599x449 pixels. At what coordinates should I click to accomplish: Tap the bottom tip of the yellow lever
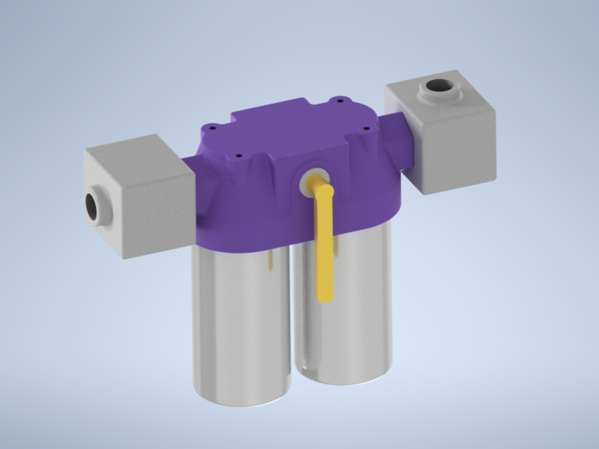click(325, 296)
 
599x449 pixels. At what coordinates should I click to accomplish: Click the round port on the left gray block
click(93, 206)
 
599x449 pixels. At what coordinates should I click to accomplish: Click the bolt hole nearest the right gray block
click(366, 128)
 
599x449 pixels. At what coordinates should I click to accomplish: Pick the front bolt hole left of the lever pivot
click(239, 155)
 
